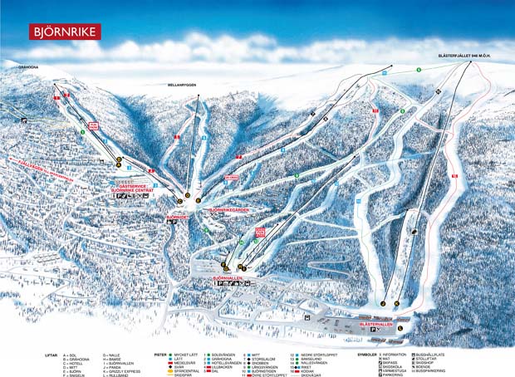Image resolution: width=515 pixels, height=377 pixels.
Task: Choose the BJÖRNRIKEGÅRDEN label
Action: pyautogui.click(x=228, y=211)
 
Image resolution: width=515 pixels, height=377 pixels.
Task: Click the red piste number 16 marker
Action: pyautogui.click(x=454, y=176)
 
